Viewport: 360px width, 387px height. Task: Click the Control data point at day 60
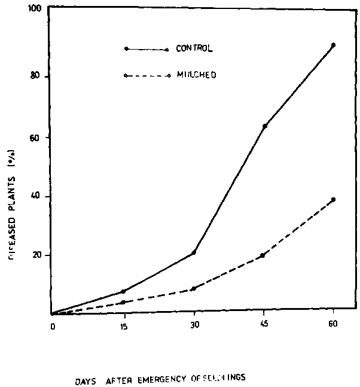(334, 45)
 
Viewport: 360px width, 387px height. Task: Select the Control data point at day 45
(265, 126)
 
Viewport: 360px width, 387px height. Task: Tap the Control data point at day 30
(194, 252)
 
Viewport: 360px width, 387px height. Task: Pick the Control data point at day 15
(123, 291)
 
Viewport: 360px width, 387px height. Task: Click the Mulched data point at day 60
(334, 199)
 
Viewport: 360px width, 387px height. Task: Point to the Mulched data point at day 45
(263, 255)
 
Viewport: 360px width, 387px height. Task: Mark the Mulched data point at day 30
(193, 289)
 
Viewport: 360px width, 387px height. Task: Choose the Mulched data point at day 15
(123, 302)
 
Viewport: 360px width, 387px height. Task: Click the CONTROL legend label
(194, 48)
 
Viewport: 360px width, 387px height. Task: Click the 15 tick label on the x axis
(124, 326)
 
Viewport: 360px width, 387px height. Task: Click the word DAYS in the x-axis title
(87, 378)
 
